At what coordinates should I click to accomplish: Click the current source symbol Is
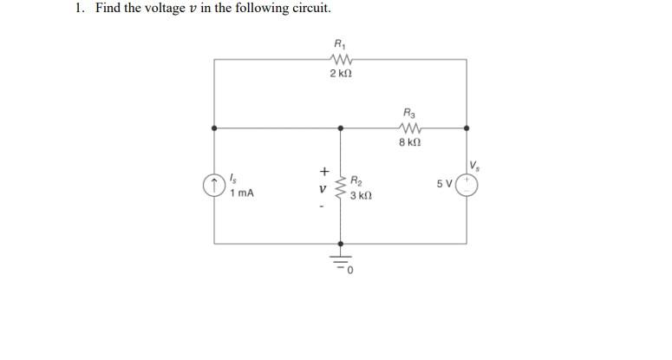(214, 186)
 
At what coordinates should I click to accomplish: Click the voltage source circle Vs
(466, 184)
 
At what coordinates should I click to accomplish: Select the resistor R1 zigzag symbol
(340, 59)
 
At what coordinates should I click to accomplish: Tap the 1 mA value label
(242, 193)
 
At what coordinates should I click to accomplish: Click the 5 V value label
(445, 184)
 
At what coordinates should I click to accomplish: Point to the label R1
(339, 43)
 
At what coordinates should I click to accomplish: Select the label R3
(409, 112)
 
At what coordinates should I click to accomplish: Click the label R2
(357, 181)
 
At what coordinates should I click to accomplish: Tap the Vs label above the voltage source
(473, 166)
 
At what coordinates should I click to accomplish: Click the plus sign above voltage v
(324, 171)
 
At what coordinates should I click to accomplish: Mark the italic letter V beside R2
(323, 187)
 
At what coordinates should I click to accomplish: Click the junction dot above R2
(340, 128)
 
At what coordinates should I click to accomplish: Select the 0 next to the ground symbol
(352, 272)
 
